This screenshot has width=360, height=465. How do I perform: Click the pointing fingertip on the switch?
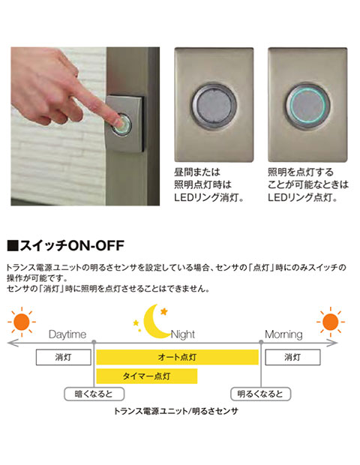point(118,121)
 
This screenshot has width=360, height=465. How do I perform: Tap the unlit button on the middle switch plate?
point(214,105)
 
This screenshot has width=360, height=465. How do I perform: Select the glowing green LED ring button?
point(307,105)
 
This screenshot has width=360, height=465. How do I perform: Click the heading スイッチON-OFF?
point(72,246)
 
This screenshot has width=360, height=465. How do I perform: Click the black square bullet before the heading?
point(13,246)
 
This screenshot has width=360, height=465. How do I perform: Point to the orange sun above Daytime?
point(22,322)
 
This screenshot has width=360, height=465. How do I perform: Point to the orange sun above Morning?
point(330,322)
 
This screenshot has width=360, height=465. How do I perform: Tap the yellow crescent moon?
point(154,322)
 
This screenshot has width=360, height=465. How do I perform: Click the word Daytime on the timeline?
point(67,334)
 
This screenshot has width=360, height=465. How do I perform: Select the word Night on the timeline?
point(183,334)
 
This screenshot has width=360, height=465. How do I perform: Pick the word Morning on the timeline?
point(283,334)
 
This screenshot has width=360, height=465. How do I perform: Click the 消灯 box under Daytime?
point(64,357)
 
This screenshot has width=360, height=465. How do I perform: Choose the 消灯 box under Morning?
point(292,357)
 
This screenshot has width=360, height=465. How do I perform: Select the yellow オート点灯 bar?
point(177,357)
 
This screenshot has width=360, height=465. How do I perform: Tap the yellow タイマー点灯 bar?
point(147,376)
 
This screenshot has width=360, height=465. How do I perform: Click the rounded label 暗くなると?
point(94,394)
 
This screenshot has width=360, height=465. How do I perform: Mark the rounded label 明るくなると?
point(261,394)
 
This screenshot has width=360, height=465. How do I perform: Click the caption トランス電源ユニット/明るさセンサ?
point(176,411)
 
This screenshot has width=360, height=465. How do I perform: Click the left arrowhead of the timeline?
point(10,343)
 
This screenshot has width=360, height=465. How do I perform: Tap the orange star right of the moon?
point(164,311)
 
